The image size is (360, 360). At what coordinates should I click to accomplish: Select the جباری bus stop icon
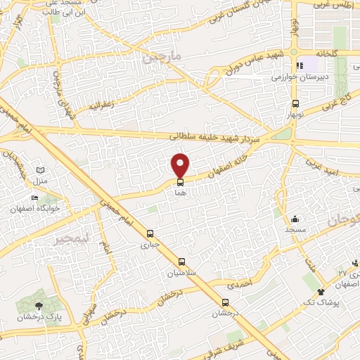click(149, 234)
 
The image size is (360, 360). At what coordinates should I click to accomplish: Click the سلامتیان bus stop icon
click(182, 261)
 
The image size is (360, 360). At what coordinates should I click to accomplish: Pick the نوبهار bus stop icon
click(295, 102)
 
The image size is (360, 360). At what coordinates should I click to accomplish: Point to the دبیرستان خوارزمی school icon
click(300, 66)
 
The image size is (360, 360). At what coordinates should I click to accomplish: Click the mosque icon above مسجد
click(295, 219)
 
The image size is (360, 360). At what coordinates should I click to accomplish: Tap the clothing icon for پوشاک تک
click(321, 290)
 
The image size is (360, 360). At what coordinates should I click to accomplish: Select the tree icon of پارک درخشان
click(39, 304)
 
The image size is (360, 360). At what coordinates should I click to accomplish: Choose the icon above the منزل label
click(40, 170)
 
